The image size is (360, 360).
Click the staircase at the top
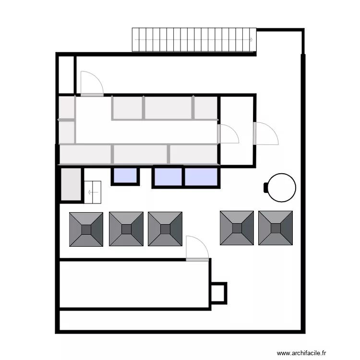coord(194,40)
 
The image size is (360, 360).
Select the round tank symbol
coord(282,187)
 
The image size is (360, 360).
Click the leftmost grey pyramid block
coord(86,229)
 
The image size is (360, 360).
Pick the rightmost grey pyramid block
coord(276,228)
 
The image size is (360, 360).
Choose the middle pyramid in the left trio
coord(126,229)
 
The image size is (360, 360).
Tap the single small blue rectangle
coord(125,176)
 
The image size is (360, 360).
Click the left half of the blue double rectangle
coord(168,177)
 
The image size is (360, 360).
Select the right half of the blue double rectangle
coord(202,177)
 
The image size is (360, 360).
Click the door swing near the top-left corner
coord(91,84)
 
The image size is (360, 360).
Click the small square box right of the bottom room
coord(218,292)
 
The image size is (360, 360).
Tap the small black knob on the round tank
coord(266,187)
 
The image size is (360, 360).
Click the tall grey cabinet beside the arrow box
coord(71,184)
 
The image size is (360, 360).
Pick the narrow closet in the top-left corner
coord(66,75)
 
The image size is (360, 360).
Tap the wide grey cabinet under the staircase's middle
coord(168,108)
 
